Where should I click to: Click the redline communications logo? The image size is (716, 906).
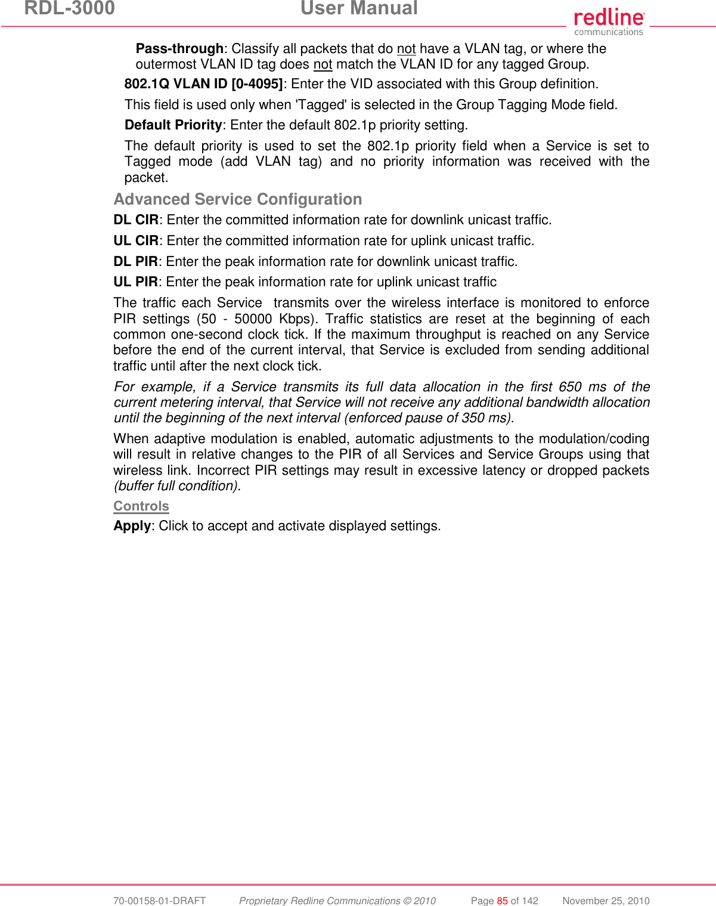(609, 22)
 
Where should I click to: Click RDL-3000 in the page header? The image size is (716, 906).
(69, 8)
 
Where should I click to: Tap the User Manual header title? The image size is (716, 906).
(359, 8)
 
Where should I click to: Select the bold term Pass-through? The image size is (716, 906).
(179, 49)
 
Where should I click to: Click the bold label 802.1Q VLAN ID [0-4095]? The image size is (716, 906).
(203, 84)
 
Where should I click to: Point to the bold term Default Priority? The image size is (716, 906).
(173, 125)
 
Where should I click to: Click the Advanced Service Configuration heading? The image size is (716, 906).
(238, 199)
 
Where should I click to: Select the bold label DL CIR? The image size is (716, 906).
(136, 220)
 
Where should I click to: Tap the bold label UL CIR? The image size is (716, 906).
(136, 241)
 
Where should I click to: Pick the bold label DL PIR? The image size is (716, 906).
(135, 262)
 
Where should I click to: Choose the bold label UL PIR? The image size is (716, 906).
(135, 282)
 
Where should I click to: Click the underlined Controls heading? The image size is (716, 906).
(141, 506)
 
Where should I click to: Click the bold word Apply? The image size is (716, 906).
(132, 526)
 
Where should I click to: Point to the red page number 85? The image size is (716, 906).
(502, 901)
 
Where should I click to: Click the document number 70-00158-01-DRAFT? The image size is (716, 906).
(159, 901)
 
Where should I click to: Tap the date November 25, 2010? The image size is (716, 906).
(606, 901)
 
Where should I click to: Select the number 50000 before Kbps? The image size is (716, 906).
(253, 319)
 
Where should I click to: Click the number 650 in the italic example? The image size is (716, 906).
(570, 387)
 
